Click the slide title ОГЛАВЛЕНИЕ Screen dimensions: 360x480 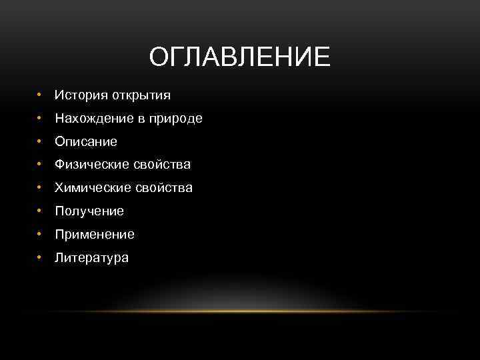point(239,57)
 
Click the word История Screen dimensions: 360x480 point(81,95)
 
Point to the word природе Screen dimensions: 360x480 point(177,119)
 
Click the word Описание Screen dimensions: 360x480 point(86,142)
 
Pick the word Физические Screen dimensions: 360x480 point(88,165)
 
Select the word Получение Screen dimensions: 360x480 point(89,211)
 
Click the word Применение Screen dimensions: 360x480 point(95,235)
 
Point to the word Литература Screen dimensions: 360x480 point(92,257)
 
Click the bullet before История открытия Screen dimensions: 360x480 point(41,95)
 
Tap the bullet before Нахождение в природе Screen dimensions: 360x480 point(41,119)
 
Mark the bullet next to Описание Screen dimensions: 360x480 point(41,142)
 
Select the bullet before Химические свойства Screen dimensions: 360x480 point(41,188)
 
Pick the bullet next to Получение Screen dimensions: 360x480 point(41,211)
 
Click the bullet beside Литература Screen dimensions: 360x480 point(41,257)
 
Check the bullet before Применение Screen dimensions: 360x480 point(41,235)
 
